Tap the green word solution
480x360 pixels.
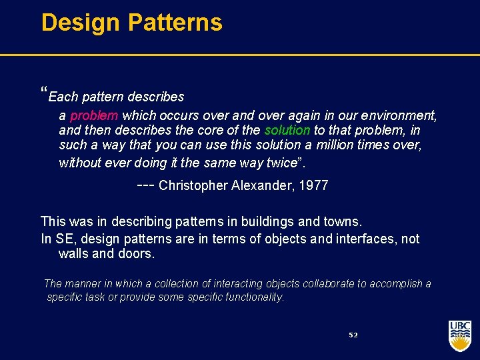tap(287, 130)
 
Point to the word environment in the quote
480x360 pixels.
tap(400, 115)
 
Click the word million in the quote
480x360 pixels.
tap(339, 145)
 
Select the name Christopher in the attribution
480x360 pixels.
tap(194, 186)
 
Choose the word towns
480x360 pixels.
tap(343, 221)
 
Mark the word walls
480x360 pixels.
tap(73, 254)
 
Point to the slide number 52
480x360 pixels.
tap(353, 335)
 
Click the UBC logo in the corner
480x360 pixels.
tap(460, 335)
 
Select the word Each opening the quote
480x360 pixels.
tap(63, 97)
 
